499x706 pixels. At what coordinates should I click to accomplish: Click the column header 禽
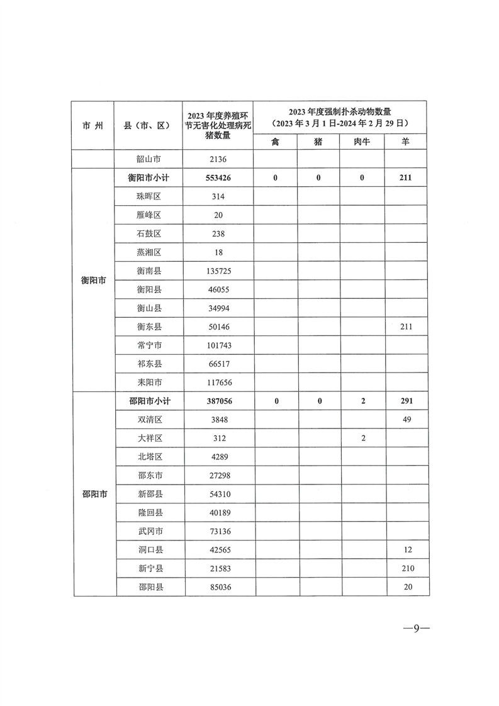[x=276, y=142]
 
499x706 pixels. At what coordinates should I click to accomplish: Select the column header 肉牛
[x=362, y=142]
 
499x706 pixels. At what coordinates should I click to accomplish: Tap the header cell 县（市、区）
[x=149, y=125]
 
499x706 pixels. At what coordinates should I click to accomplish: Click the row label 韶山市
[x=149, y=159]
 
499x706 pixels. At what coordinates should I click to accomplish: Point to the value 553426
[x=218, y=178]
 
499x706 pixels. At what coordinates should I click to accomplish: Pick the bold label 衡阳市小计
[x=149, y=178]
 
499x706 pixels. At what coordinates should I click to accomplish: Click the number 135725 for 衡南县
[x=218, y=271]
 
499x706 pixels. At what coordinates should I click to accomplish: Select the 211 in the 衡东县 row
[x=406, y=327]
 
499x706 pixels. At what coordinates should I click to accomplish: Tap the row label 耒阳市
[x=149, y=382]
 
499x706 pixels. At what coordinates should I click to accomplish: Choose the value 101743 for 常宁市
[x=218, y=345]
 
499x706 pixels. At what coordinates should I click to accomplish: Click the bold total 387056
[x=218, y=401]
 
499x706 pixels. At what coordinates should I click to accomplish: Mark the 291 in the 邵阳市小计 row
[x=406, y=401]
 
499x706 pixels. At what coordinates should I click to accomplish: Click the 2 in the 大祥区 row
[x=363, y=438]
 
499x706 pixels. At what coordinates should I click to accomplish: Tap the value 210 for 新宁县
[x=406, y=568]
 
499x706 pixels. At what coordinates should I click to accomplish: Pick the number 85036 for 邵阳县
[x=218, y=587]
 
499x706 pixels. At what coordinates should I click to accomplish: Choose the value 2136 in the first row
[x=218, y=159]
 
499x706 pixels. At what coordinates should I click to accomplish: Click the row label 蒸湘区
[x=149, y=252]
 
